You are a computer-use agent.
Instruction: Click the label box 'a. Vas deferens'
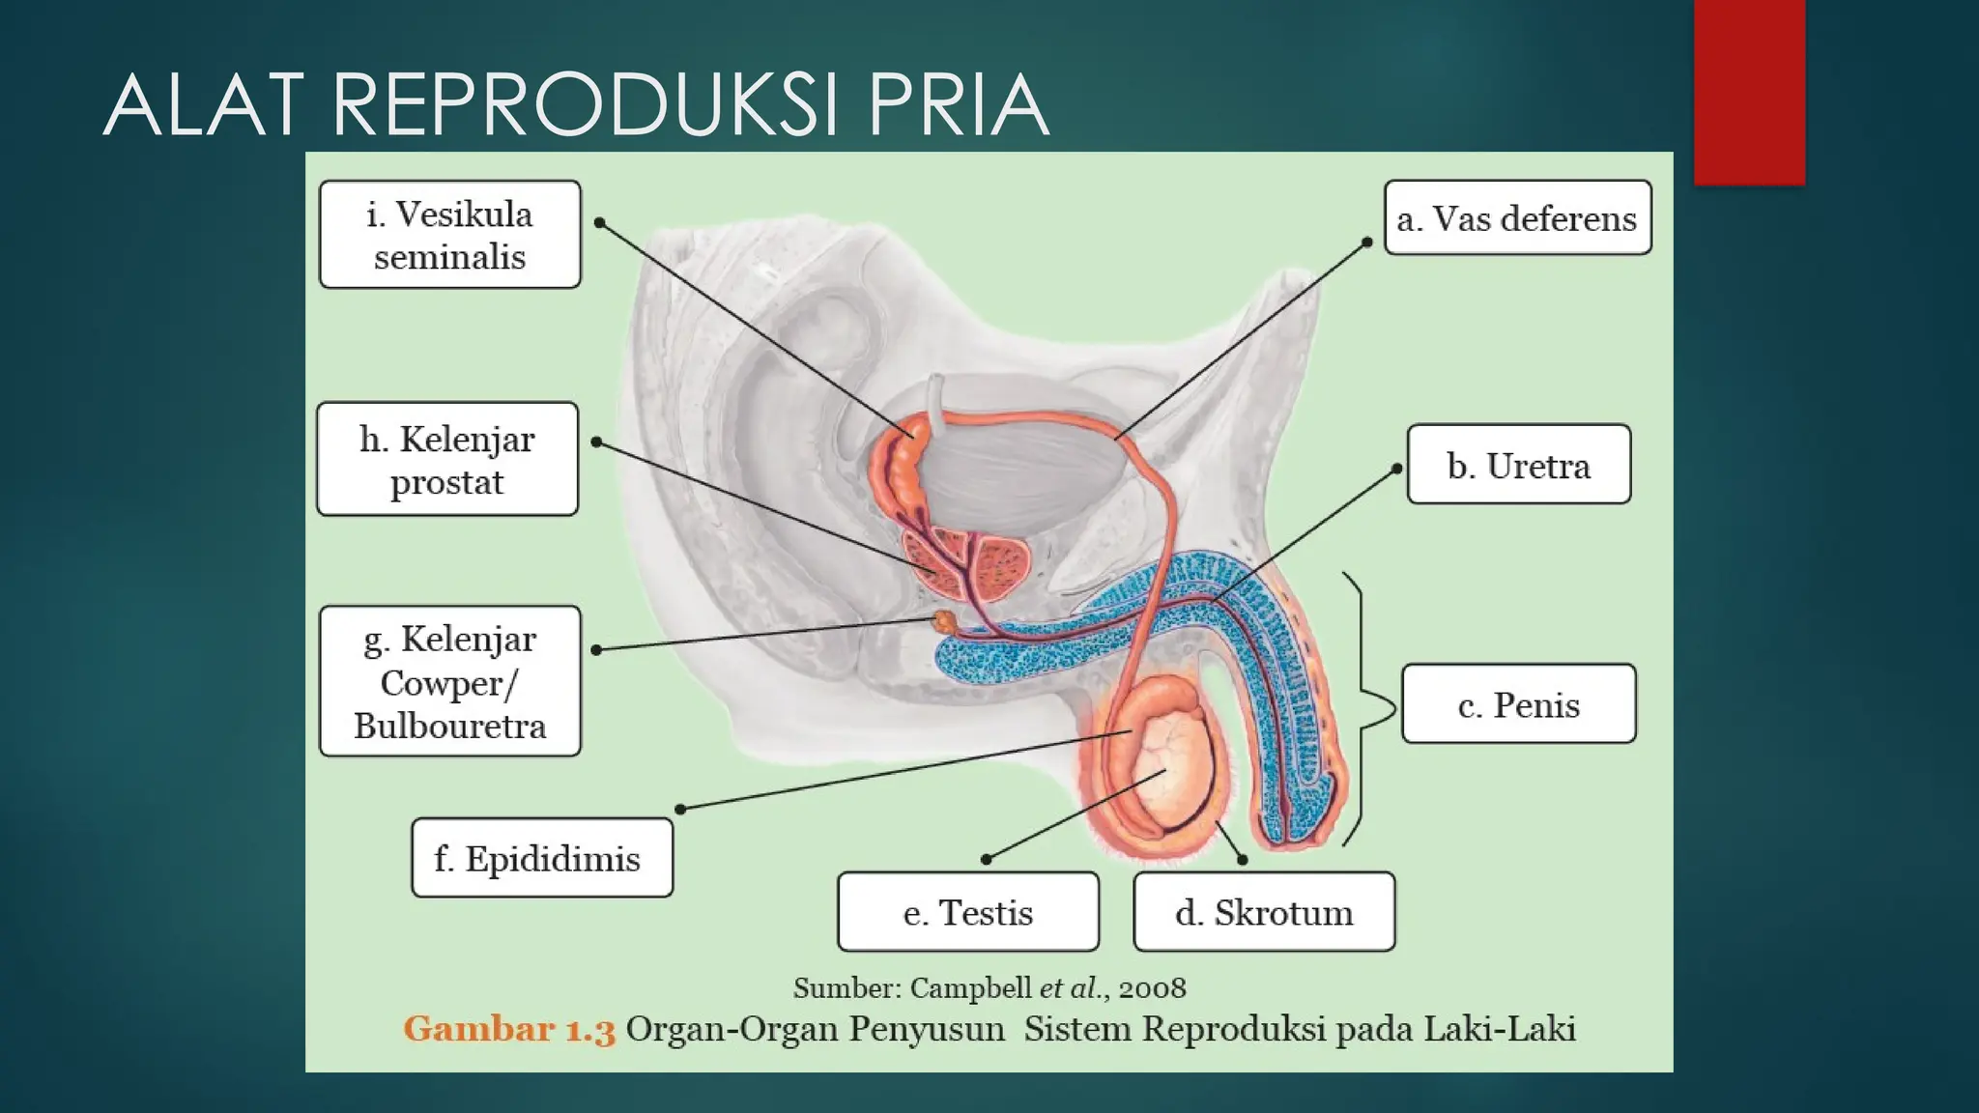tap(1517, 218)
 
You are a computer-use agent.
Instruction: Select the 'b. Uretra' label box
tap(1518, 465)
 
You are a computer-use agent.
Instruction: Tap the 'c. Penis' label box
tap(1518, 704)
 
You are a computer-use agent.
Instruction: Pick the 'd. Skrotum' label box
tap(1264, 912)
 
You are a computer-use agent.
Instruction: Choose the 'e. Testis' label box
tap(968, 912)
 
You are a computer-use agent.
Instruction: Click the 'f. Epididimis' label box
tap(542, 858)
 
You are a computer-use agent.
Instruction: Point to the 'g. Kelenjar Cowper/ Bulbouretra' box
tap(450, 681)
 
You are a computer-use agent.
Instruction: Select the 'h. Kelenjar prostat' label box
tap(447, 459)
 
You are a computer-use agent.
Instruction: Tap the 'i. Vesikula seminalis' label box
tap(450, 235)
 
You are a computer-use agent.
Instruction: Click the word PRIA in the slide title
tap(957, 105)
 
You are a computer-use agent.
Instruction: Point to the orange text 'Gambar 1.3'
tap(509, 1029)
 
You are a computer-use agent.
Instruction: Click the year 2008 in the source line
tap(1152, 987)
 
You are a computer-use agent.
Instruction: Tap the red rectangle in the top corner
tap(1749, 92)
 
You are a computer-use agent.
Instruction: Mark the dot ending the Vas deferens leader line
tap(1367, 243)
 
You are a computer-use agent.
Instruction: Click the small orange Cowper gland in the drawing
tap(943, 621)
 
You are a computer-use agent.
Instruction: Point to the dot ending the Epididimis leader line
tap(681, 809)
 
